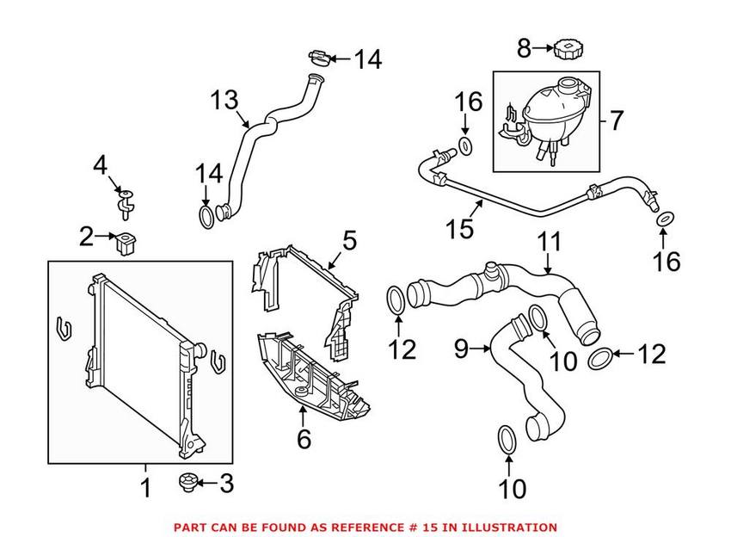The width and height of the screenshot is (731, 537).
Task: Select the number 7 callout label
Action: (x=617, y=120)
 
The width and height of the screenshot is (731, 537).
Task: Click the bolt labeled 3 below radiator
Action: (x=187, y=484)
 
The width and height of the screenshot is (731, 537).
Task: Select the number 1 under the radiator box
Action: (x=145, y=489)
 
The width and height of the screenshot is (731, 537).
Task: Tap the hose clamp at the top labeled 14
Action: (x=316, y=59)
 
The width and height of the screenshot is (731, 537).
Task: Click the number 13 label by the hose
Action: (x=226, y=101)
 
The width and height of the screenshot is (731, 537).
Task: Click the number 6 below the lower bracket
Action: (x=304, y=440)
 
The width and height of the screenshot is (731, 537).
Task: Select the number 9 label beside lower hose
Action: (x=461, y=349)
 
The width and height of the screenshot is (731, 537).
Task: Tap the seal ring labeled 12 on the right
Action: (x=601, y=355)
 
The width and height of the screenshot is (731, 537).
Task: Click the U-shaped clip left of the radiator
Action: (x=63, y=328)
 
